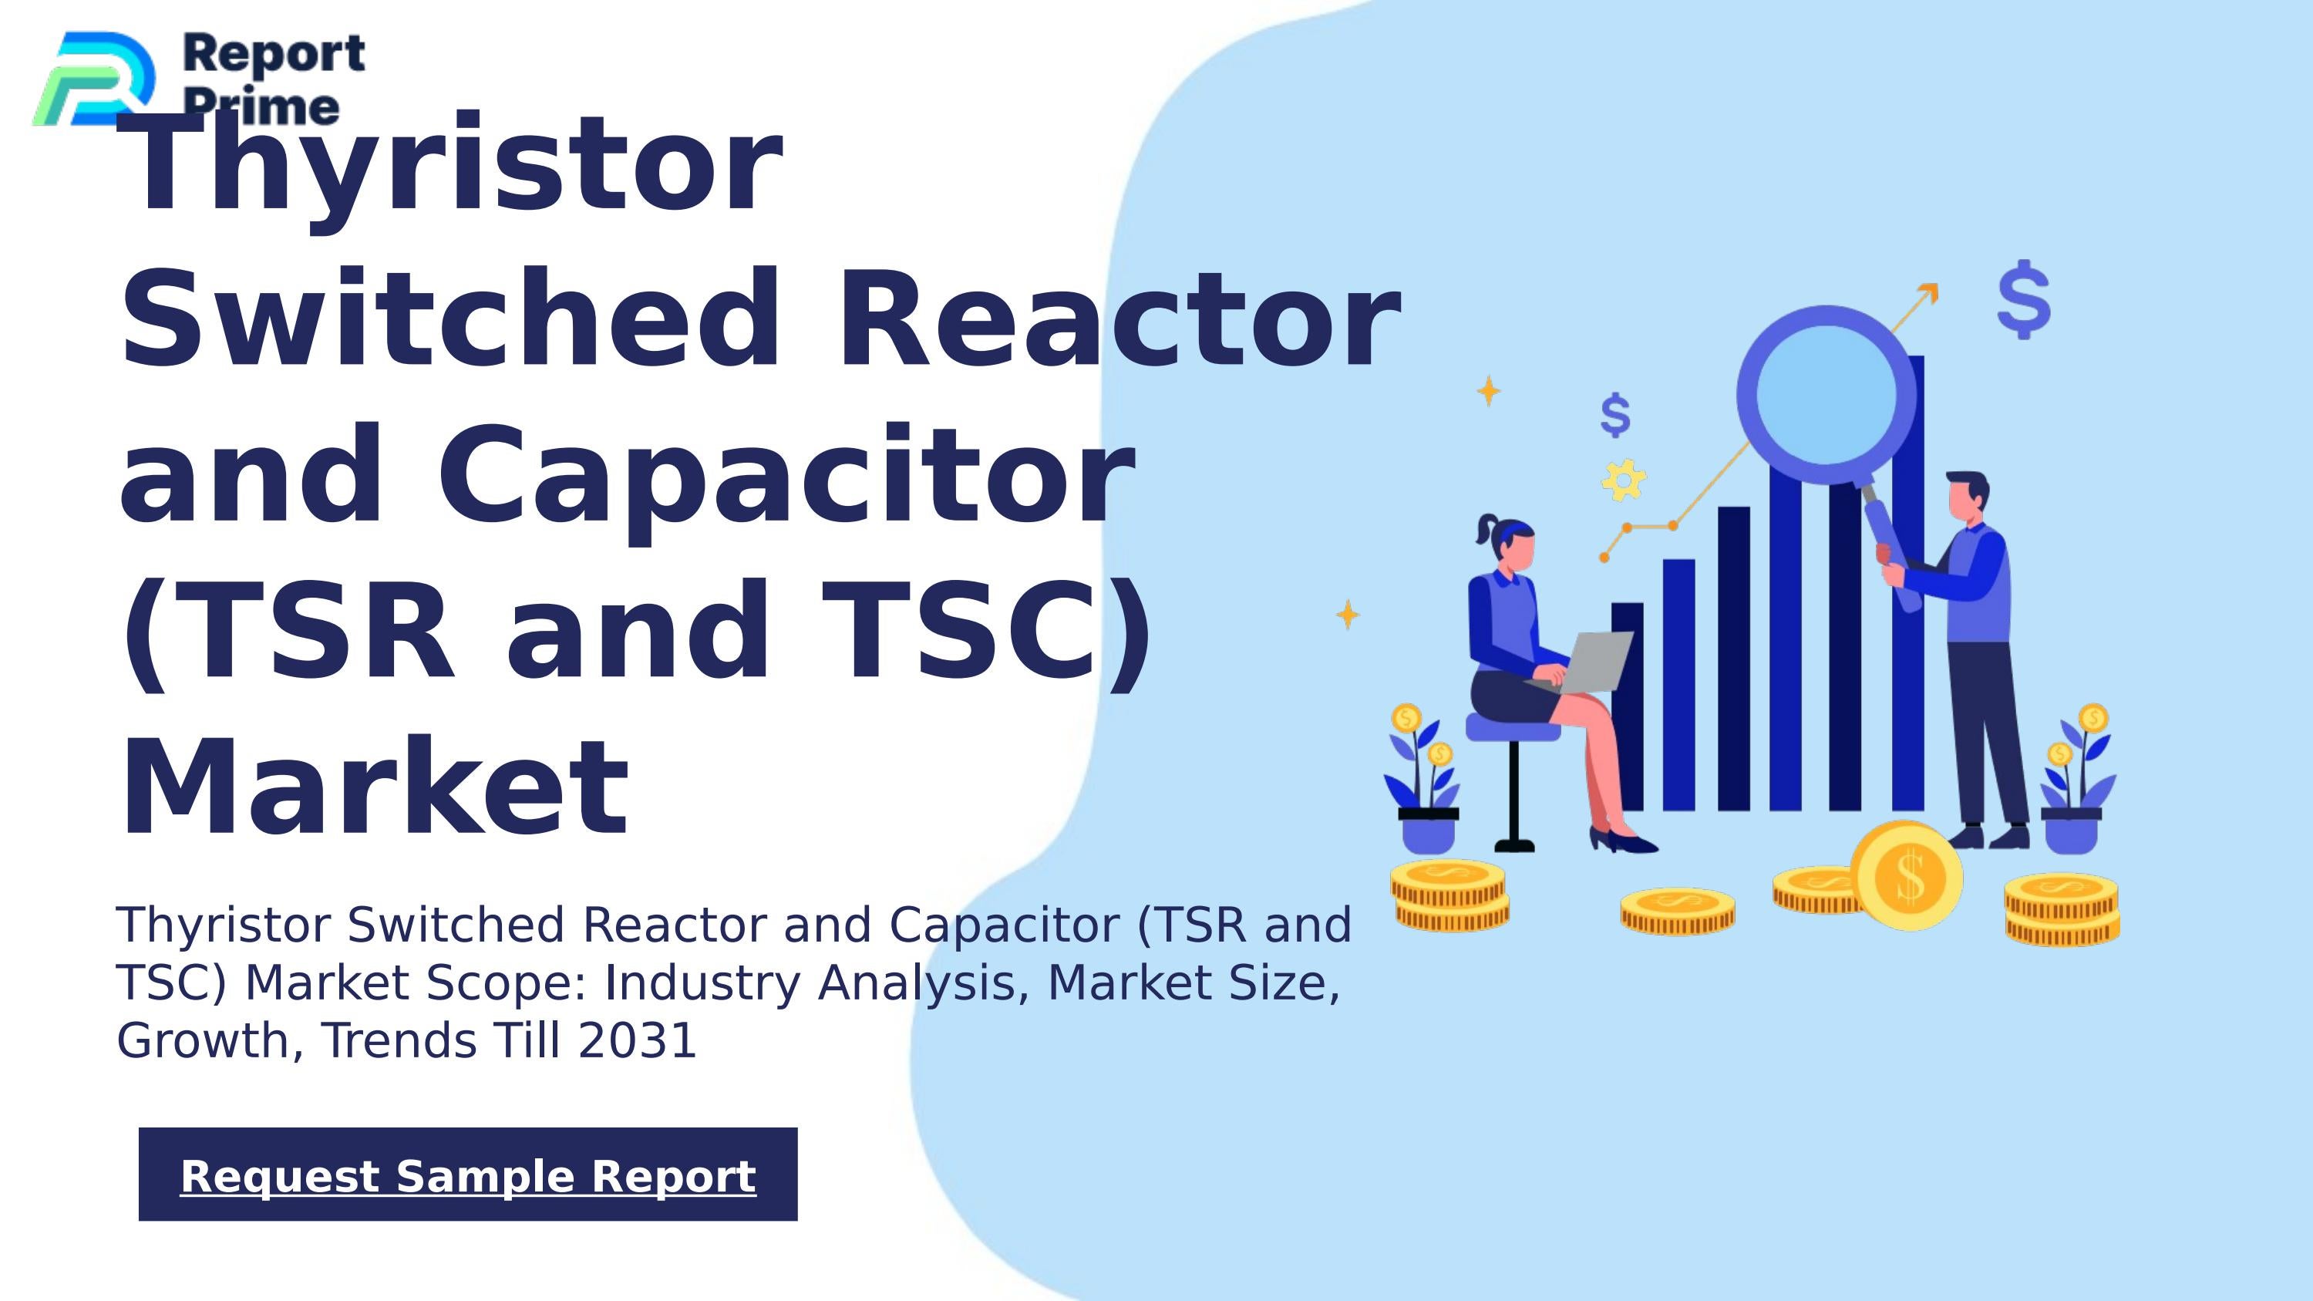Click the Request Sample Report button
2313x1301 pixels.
(x=468, y=1175)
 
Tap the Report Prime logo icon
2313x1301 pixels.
(x=95, y=79)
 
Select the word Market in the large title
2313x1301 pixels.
(x=375, y=787)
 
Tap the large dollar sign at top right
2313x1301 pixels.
(x=2024, y=299)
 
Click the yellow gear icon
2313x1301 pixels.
(x=1624, y=480)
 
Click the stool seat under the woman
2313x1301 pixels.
(x=1513, y=727)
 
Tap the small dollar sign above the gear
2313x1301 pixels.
(x=1615, y=415)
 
